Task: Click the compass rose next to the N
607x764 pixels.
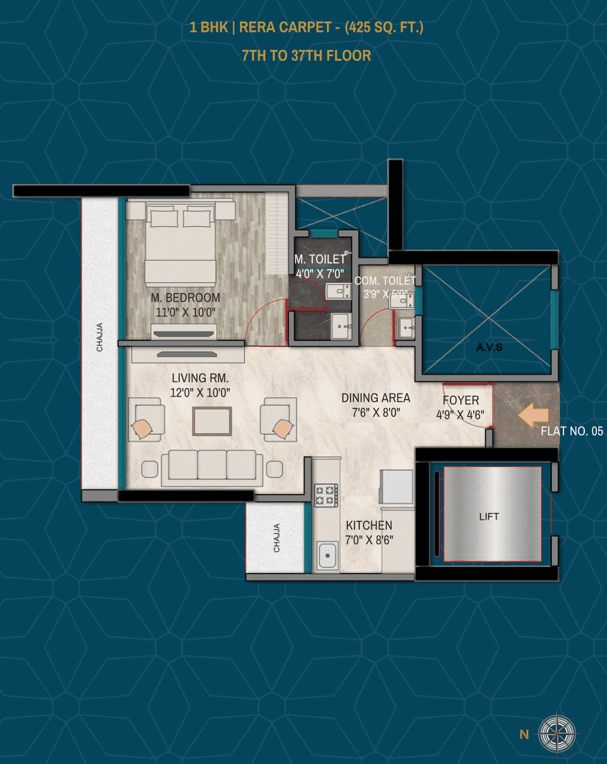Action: click(x=557, y=733)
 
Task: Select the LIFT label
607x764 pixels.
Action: click(x=489, y=516)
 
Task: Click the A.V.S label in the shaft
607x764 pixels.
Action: click(x=489, y=347)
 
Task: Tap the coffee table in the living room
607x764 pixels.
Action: click(x=212, y=421)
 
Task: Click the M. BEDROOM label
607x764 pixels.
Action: click(x=186, y=298)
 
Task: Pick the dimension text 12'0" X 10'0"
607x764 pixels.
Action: click(x=200, y=393)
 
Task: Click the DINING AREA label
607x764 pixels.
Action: click(x=376, y=398)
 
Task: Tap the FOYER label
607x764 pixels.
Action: click(x=461, y=400)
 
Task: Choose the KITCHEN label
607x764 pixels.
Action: click(x=369, y=525)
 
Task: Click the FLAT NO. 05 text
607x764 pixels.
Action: click(x=572, y=431)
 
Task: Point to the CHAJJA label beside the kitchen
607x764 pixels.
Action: click(x=276, y=538)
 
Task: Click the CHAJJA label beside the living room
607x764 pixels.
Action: click(x=100, y=337)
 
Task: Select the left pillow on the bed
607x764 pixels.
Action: click(x=164, y=218)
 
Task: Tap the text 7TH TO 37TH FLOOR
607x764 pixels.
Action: click(x=306, y=56)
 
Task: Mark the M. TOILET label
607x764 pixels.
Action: click(x=320, y=259)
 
